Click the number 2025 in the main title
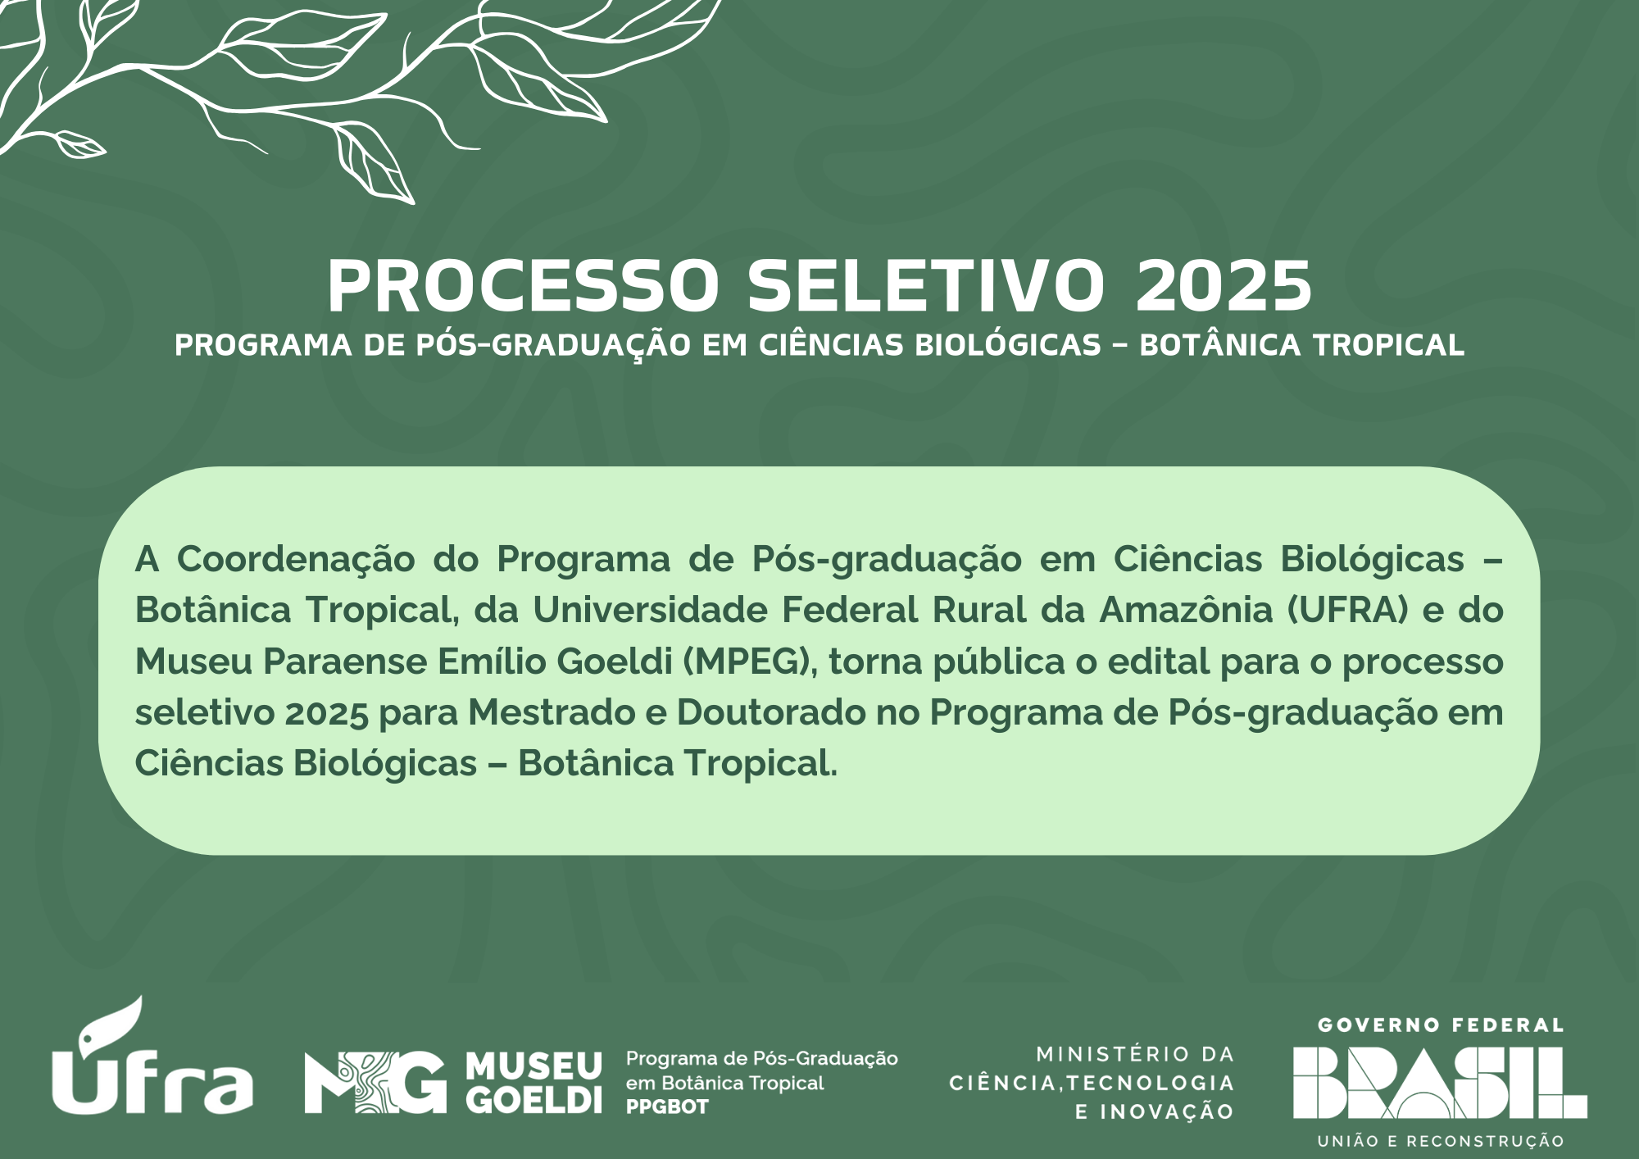click(1224, 285)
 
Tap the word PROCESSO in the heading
click(523, 285)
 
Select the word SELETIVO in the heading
click(927, 285)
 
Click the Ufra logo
click(152, 1056)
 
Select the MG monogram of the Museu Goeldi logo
click(375, 1082)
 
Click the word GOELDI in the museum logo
click(533, 1099)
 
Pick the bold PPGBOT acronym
click(667, 1107)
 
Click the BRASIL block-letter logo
click(1440, 1083)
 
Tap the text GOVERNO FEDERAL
click(1441, 1025)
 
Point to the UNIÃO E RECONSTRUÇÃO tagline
click(1441, 1141)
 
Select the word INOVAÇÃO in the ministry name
click(1166, 1112)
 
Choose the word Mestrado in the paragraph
click(552, 712)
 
